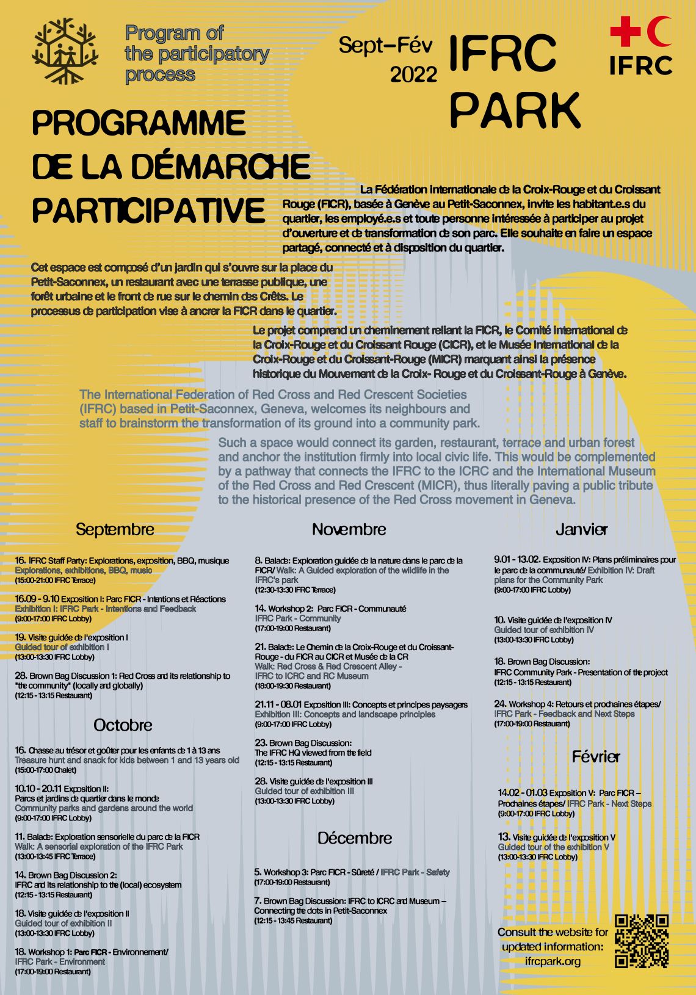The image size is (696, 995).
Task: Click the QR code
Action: point(642,941)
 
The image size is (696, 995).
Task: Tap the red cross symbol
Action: point(625,31)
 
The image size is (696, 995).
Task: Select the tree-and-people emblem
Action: point(65,51)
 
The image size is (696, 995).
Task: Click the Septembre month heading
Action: point(115,529)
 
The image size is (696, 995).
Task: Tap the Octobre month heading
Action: point(123,725)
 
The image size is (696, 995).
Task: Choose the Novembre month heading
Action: point(349,529)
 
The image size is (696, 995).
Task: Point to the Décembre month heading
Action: point(354,838)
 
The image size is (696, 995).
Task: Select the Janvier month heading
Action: point(581,529)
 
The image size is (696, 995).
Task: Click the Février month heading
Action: point(595,757)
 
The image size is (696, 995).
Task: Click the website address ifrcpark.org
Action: point(553,961)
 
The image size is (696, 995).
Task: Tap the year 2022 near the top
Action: point(413,74)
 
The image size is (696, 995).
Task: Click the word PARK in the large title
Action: point(515,110)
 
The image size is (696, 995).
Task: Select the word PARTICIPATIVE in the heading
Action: point(148,210)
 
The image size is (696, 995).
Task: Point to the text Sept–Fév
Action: point(385,45)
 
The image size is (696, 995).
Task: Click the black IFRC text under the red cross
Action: point(640,65)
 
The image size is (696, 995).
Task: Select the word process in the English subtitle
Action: point(160,74)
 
